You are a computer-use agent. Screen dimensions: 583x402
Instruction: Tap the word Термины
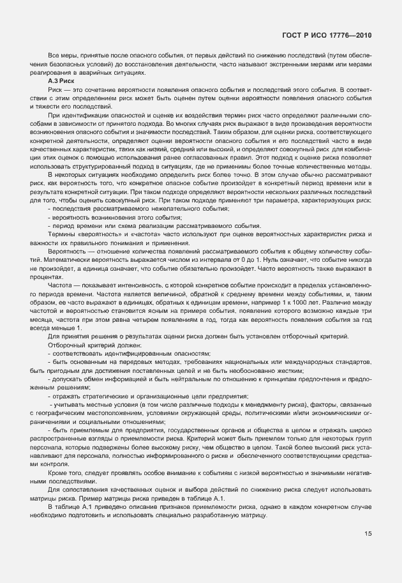pos(61,233)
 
